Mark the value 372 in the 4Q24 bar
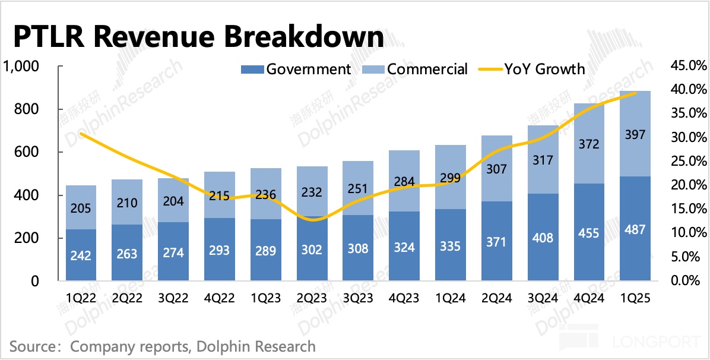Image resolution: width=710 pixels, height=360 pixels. (588, 144)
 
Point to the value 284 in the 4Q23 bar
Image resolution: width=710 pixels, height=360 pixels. (404, 181)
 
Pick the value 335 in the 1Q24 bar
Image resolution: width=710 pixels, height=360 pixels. (450, 245)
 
